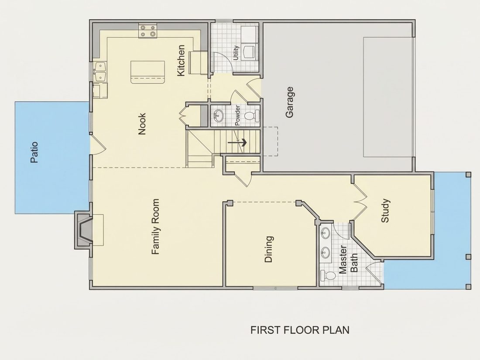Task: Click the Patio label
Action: coord(34,152)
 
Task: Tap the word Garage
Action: coord(289,102)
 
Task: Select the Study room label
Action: coord(385,211)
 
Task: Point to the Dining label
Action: coord(268,249)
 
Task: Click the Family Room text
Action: coord(155,226)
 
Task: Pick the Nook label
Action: coord(142,124)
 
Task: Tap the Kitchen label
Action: coord(181,61)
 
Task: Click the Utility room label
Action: coord(236,53)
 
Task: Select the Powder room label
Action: coord(237,115)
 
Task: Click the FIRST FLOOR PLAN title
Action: coord(300,330)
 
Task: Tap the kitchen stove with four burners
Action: coord(148,31)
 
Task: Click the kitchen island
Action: coord(147,72)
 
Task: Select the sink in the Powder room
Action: coord(218,116)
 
